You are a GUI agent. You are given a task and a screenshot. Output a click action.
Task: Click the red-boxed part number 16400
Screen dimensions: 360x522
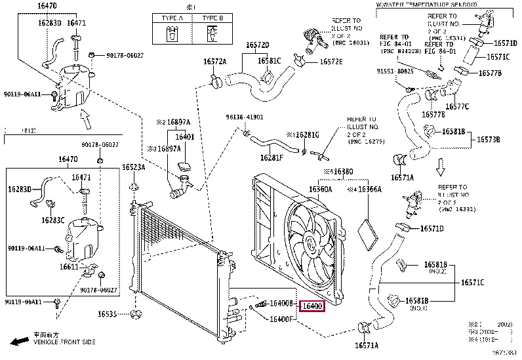(x=311, y=306)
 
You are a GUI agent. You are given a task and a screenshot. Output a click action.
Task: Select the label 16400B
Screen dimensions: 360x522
(x=281, y=304)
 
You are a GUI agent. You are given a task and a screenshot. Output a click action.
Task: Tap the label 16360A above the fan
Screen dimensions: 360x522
(x=320, y=190)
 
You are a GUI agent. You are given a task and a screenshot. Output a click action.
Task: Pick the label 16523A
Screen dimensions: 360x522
(x=133, y=167)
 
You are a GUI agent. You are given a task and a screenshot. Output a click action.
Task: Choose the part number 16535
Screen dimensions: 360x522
(x=116, y=314)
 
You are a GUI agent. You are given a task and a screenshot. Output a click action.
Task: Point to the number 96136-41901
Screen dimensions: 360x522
(x=245, y=117)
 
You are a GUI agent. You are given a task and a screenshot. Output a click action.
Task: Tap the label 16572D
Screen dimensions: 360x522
(x=258, y=45)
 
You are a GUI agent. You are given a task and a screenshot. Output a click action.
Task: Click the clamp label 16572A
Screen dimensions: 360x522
(x=214, y=62)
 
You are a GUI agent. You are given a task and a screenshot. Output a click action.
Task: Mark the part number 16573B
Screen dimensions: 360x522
(x=488, y=140)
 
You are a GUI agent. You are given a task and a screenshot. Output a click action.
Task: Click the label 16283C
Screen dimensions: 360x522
(x=52, y=220)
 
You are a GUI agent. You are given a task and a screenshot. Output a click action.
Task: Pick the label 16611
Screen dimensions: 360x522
(x=70, y=267)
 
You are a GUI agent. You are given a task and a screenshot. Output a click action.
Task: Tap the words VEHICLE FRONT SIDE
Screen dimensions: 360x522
(x=64, y=342)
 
